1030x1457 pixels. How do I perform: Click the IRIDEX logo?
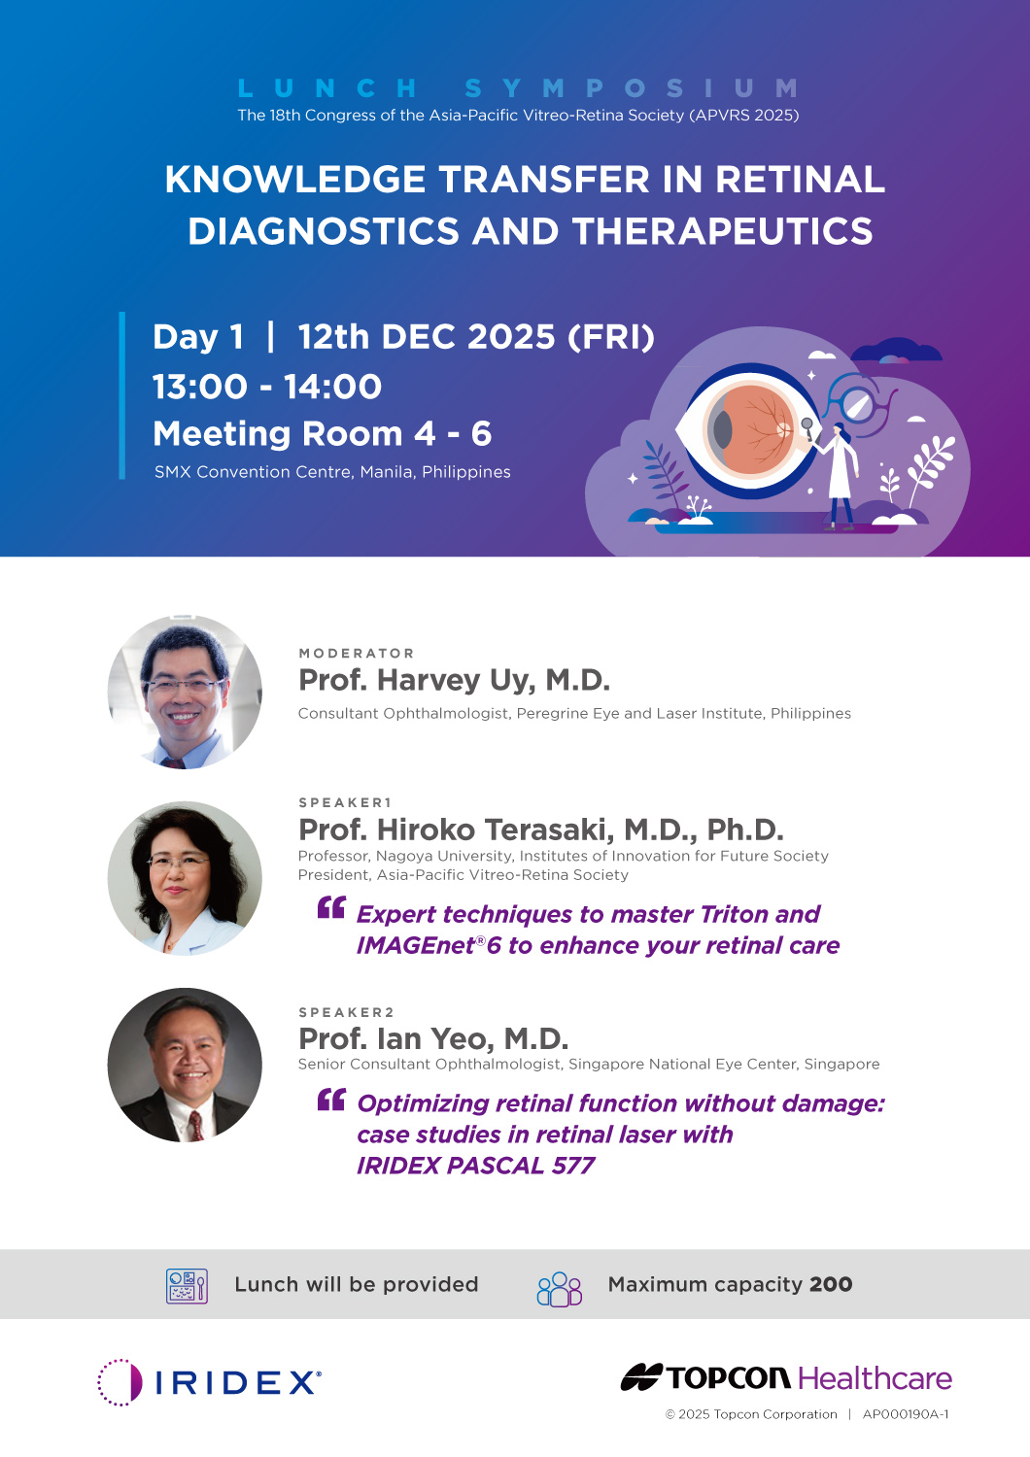point(209,1382)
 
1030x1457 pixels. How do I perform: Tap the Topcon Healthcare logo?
point(786,1377)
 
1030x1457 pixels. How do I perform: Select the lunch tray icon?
point(187,1286)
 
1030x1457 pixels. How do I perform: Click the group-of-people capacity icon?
point(560,1289)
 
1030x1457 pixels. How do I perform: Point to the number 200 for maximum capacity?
point(831,1285)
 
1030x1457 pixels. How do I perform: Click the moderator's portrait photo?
point(185,692)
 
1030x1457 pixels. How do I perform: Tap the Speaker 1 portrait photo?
point(185,878)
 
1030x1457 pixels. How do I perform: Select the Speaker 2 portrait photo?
point(185,1065)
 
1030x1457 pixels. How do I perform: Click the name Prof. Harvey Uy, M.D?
point(454,680)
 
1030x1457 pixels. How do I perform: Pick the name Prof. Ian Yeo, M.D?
point(433,1038)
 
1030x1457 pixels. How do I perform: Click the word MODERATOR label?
point(357,653)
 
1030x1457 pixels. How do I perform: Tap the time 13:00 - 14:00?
point(267,387)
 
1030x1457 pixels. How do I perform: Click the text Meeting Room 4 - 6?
point(322,434)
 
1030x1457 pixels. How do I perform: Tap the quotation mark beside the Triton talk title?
point(331,907)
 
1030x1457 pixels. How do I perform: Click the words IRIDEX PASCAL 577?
point(475,1166)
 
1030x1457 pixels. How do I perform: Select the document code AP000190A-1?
point(906,1414)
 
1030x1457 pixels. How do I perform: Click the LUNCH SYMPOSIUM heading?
point(518,87)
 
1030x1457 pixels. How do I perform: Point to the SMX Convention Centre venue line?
point(332,471)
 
